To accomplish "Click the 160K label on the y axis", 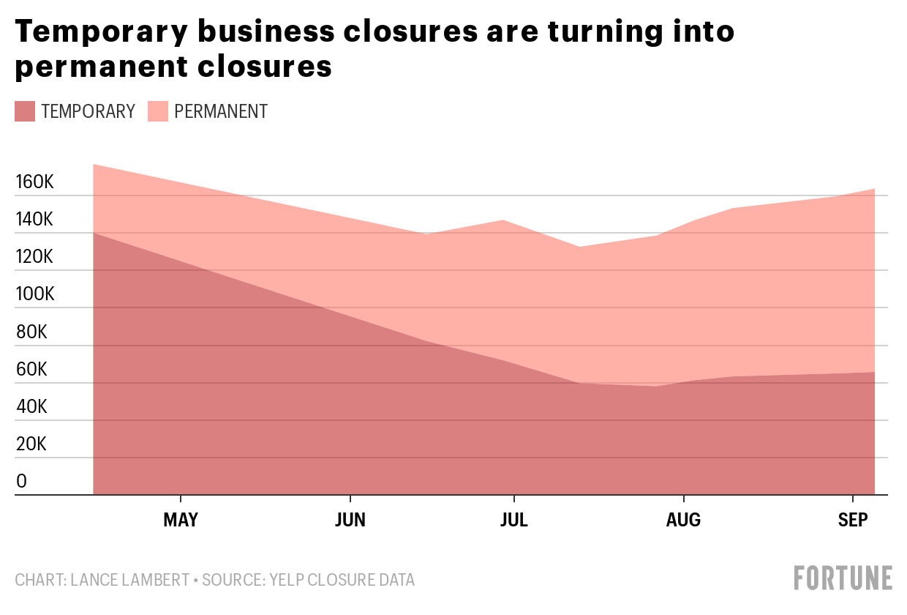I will (34, 182).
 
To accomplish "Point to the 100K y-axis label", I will (34, 294).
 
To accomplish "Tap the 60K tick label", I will (31, 369).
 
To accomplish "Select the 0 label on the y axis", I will (22, 482).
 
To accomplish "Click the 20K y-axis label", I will (31, 444).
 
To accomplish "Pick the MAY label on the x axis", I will (180, 520).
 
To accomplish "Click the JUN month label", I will (350, 520).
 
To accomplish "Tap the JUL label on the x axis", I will (514, 520).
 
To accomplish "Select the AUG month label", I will (683, 520).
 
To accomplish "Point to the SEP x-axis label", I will (852, 520).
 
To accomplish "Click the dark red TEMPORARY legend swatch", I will (25, 111).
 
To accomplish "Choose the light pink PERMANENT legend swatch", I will (158, 111).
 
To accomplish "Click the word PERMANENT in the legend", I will (221, 111).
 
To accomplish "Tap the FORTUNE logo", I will (843, 578).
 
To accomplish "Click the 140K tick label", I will (34, 219).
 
